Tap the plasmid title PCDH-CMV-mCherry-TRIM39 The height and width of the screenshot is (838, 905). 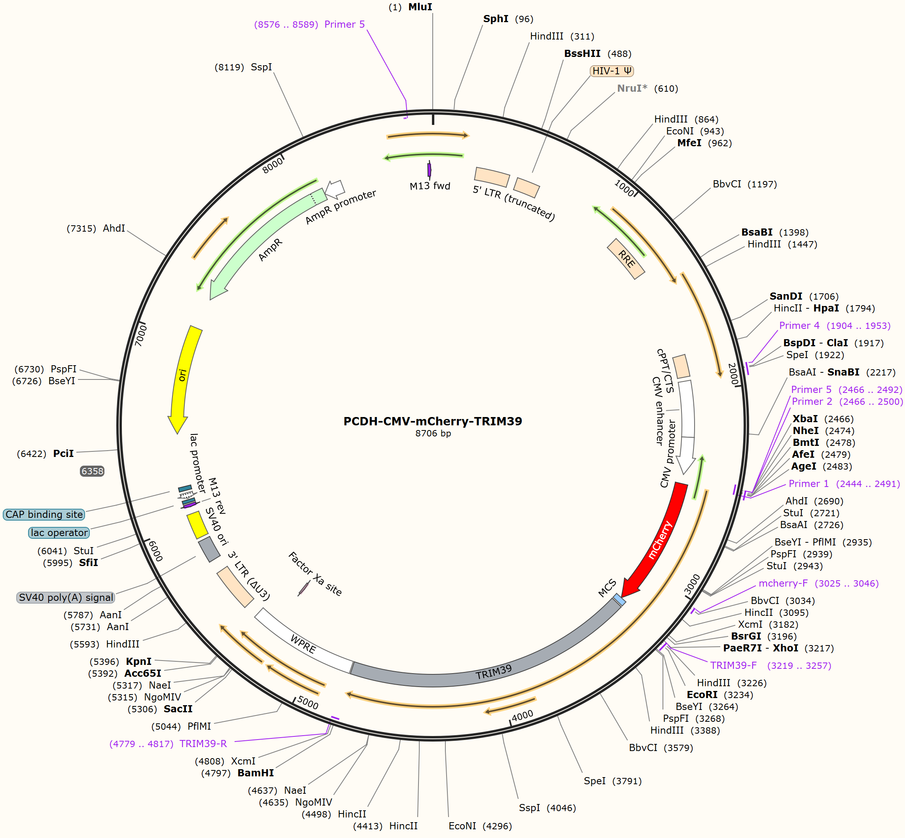[433, 421]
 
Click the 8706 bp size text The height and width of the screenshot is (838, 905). [433, 434]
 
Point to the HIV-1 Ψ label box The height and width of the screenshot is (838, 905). [612, 71]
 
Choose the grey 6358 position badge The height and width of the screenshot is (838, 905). [92, 471]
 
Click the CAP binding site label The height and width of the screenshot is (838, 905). [44, 514]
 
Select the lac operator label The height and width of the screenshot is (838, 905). [59, 532]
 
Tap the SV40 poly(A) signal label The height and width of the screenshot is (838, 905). [66, 597]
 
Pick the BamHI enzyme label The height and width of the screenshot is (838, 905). [256, 773]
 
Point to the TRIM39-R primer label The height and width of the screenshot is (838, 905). [203, 744]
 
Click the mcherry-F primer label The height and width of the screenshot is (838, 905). [783, 583]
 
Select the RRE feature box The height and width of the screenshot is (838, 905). [626, 259]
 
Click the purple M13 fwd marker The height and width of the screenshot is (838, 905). [429, 170]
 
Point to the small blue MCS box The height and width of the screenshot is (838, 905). [619, 600]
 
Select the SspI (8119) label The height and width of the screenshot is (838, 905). [243, 67]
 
